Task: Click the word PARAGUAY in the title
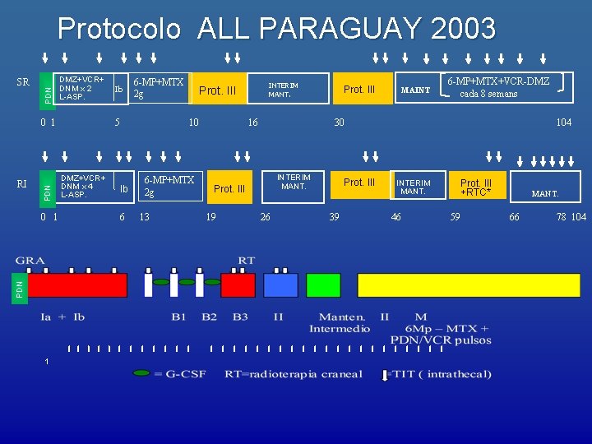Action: pyautogui.click(x=349, y=29)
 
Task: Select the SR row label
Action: pyautogui.click(x=24, y=82)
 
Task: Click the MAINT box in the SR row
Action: pyautogui.click(x=414, y=90)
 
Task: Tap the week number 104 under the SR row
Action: pyautogui.click(x=563, y=123)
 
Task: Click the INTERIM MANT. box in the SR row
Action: pyautogui.click(x=284, y=90)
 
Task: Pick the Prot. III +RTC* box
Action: pyautogui.click(x=476, y=187)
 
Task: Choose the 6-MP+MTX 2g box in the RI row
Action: pyautogui.click(x=169, y=186)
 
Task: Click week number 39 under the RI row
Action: pyautogui.click(x=334, y=217)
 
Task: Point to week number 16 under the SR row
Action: pyautogui.click(x=252, y=123)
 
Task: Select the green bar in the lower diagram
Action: pyautogui.click(x=323, y=285)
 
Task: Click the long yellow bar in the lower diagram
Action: pyautogui.click(x=469, y=285)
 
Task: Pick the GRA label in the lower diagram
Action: pyautogui.click(x=32, y=261)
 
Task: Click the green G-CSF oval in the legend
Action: pyautogui.click(x=141, y=373)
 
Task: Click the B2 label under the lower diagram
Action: pyautogui.click(x=209, y=316)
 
